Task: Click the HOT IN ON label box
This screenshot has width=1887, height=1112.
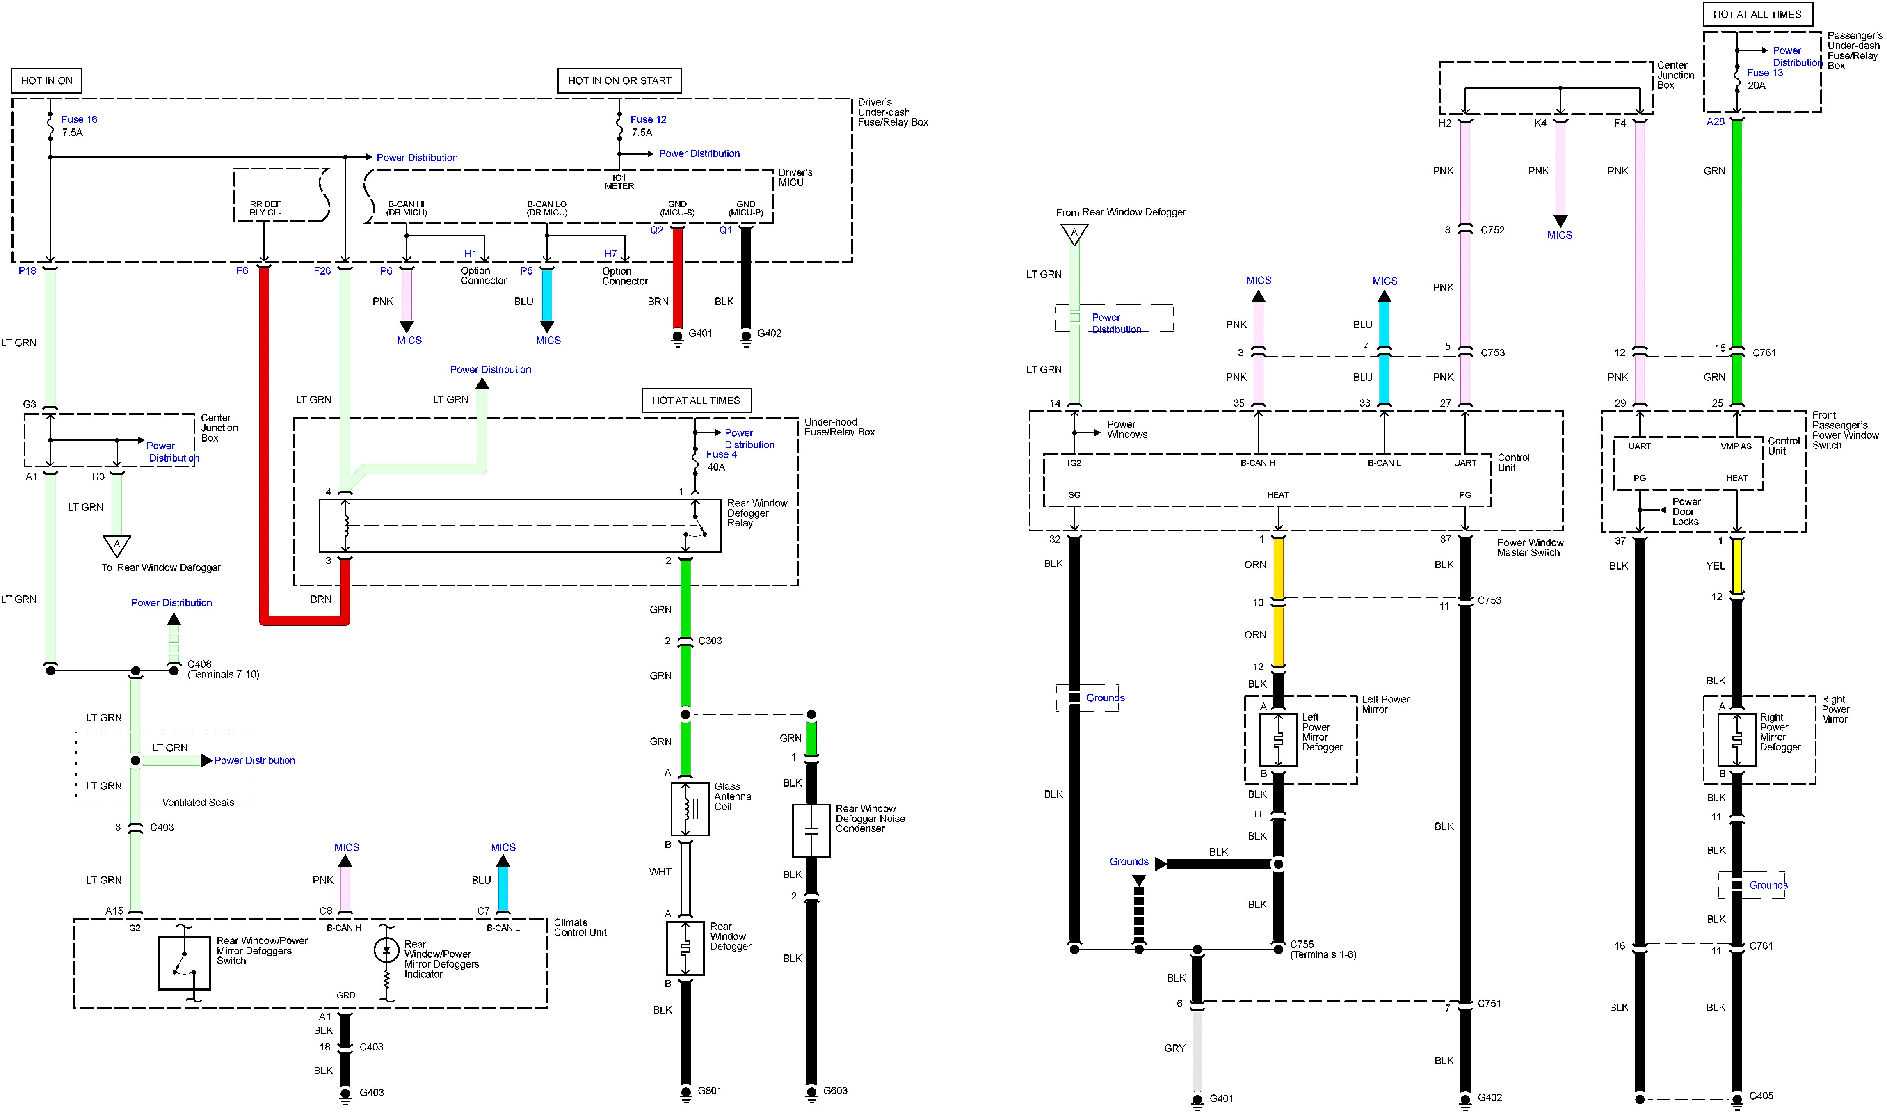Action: coord(46,80)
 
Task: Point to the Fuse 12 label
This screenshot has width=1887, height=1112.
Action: coord(648,119)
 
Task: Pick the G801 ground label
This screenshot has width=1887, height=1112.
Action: coord(709,1090)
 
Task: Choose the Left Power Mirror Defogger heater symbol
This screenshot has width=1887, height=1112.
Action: coord(1278,739)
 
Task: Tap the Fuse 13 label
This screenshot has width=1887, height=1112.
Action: coord(1764,73)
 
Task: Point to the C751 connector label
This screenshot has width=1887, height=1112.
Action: coord(1489,1003)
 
